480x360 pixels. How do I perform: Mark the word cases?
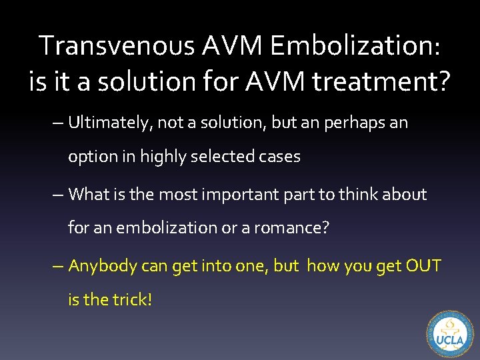coord(279,157)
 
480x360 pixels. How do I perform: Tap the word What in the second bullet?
coord(88,195)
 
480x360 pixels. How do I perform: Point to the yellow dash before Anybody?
coord(59,265)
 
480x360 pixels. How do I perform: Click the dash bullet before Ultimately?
coord(59,123)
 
